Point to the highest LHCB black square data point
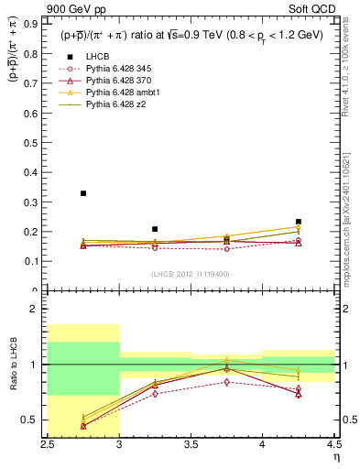coord(83,193)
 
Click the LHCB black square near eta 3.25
coord(155,229)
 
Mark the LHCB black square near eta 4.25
coord(298,222)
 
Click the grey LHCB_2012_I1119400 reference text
coord(190,274)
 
